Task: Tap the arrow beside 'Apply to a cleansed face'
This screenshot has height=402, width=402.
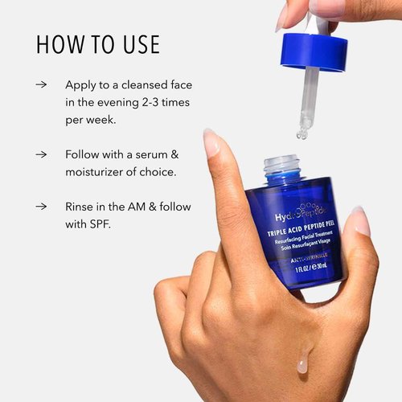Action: (x=41, y=84)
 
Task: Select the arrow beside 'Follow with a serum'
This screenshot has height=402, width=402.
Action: (x=41, y=153)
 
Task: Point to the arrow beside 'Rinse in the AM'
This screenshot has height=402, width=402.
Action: (x=41, y=207)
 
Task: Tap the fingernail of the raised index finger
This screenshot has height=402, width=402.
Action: (x=212, y=143)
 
